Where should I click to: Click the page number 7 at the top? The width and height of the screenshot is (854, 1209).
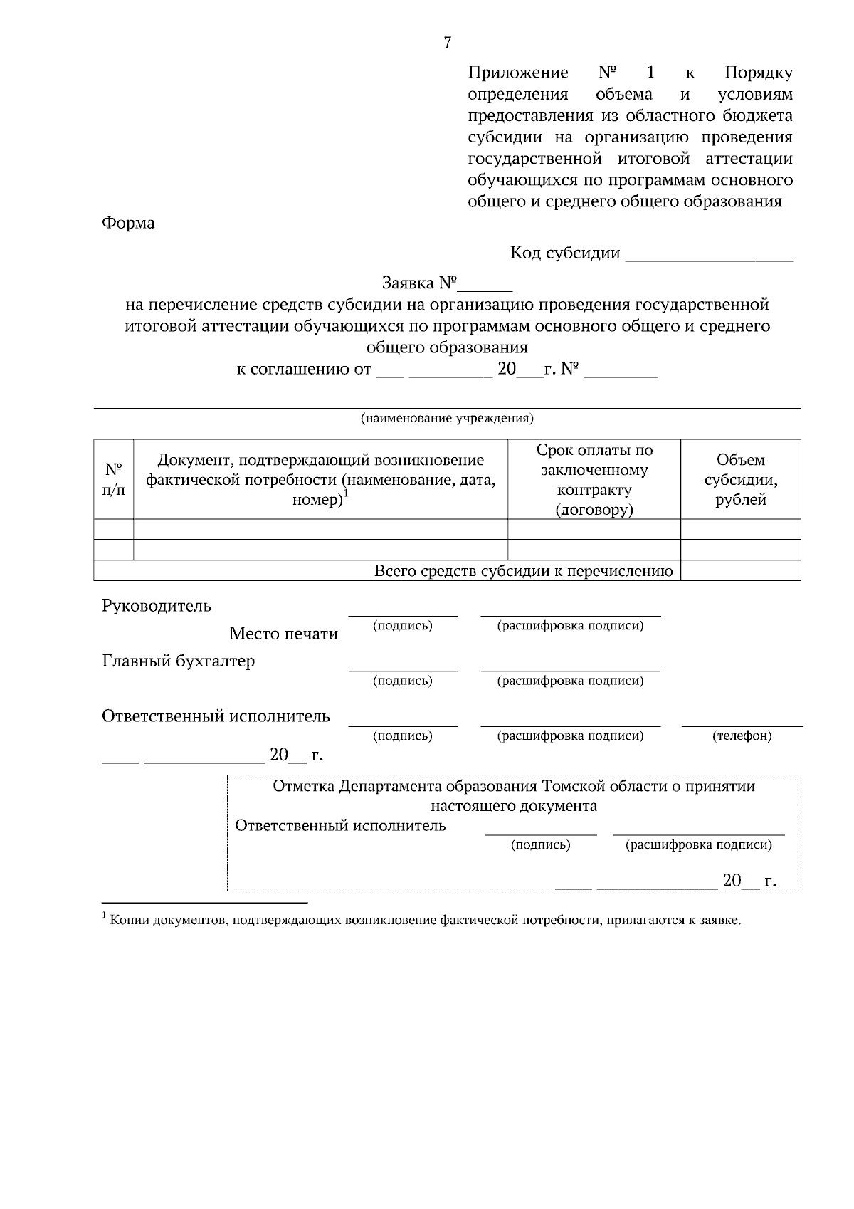coord(447,43)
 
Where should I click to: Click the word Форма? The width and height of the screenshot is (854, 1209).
coord(129,223)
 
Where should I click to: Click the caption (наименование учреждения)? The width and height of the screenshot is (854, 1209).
coord(447,418)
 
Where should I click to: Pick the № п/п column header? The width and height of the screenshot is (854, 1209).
coord(114,479)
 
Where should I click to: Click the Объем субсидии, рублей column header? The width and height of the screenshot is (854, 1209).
coord(740,479)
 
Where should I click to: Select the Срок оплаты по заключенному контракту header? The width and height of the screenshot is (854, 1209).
coord(594,479)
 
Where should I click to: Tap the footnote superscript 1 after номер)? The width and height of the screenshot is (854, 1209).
coord(346,493)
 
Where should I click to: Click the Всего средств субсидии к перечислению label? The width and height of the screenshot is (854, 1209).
coord(523,571)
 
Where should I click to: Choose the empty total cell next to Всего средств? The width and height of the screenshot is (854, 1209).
coord(740,571)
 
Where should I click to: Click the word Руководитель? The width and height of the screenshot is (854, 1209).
coord(157,606)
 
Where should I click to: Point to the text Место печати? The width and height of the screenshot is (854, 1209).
coord(283,634)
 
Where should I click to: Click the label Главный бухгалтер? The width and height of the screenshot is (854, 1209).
coord(179,661)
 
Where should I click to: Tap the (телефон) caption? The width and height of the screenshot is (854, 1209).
coord(742,736)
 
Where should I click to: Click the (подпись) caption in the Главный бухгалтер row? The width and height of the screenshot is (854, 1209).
coord(402,681)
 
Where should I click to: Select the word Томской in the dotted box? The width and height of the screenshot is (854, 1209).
coord(572,786)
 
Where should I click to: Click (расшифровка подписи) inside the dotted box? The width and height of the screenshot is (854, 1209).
coord(698,845)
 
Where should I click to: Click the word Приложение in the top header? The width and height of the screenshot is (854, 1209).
coord(518,73)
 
